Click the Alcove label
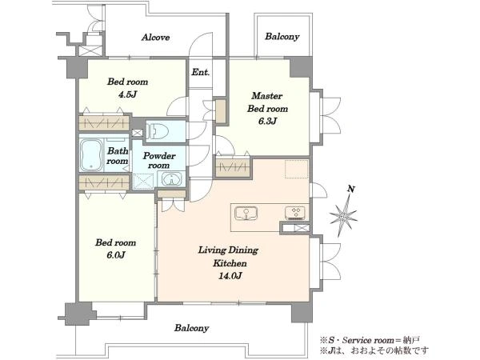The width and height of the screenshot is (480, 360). (x=155, y=38)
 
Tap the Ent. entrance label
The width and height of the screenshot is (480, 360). (x=201, y=72)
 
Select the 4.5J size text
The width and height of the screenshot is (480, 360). (x=127, y=94)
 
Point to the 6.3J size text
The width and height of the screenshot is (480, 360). (x=267, y=122)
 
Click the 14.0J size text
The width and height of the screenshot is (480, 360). (x=230, y=276)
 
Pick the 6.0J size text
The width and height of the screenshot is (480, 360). (x=115, y=255)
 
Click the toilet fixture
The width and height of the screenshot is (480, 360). (x=157, y=131)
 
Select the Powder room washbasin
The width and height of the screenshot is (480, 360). (x=171, y=178)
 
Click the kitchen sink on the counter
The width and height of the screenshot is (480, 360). (x=246, y=213)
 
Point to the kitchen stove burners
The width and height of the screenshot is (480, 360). (x=294, y=213)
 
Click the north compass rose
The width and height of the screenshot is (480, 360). (x=343, y=216)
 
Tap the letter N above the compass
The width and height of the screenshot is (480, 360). (x=351, y=190)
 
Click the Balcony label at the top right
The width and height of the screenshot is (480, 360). (x=282, y=37)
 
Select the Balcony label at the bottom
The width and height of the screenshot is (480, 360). (x=192, y=328)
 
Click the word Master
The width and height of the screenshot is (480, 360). (x=266, y=96)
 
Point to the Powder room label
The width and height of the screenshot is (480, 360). (x=159, y=160)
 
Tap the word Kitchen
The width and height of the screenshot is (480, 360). (x=230, y=263)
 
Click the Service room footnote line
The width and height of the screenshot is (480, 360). (x=370, y=340)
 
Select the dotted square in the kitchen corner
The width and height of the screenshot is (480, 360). (x=296, y=169)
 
